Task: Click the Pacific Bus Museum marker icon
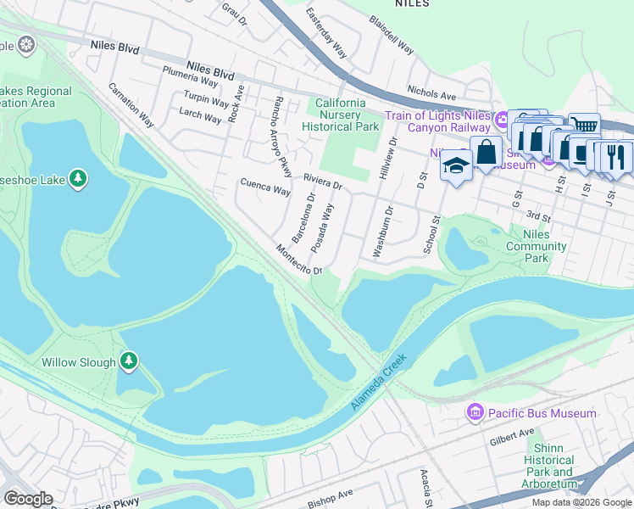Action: tap(475, 413)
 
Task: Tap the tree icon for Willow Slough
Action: tap(129, 362)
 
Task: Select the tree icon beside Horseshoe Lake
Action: tap(77, 178)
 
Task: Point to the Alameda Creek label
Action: tap(380, 383)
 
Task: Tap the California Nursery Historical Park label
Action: tap(340, 115)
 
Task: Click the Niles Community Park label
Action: tap(536, 246)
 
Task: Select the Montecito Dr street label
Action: tap(298, 260)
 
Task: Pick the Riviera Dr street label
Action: tap(322, 182)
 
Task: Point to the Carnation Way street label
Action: tap(130, 104)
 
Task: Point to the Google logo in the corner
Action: tap(28, 499)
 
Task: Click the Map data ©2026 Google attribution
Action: tap(581, 502)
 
